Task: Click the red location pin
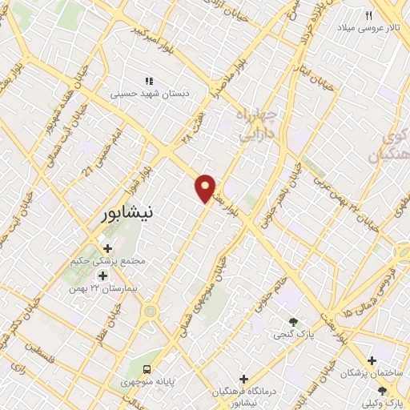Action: (x=206, y=187)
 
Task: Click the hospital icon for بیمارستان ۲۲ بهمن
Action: (x=102, y=275)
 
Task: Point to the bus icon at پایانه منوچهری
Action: (x=147, y=370)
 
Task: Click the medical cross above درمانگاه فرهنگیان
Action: (x=244, y=378)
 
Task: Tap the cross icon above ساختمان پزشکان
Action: (x=372, y=361)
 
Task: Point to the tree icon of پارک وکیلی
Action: (x=382, y=390)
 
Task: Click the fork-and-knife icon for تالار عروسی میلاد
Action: (x=369, y=15)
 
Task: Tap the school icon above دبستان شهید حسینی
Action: (x=148, y=81)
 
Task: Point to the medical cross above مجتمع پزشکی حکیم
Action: (x=107, y=249)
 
